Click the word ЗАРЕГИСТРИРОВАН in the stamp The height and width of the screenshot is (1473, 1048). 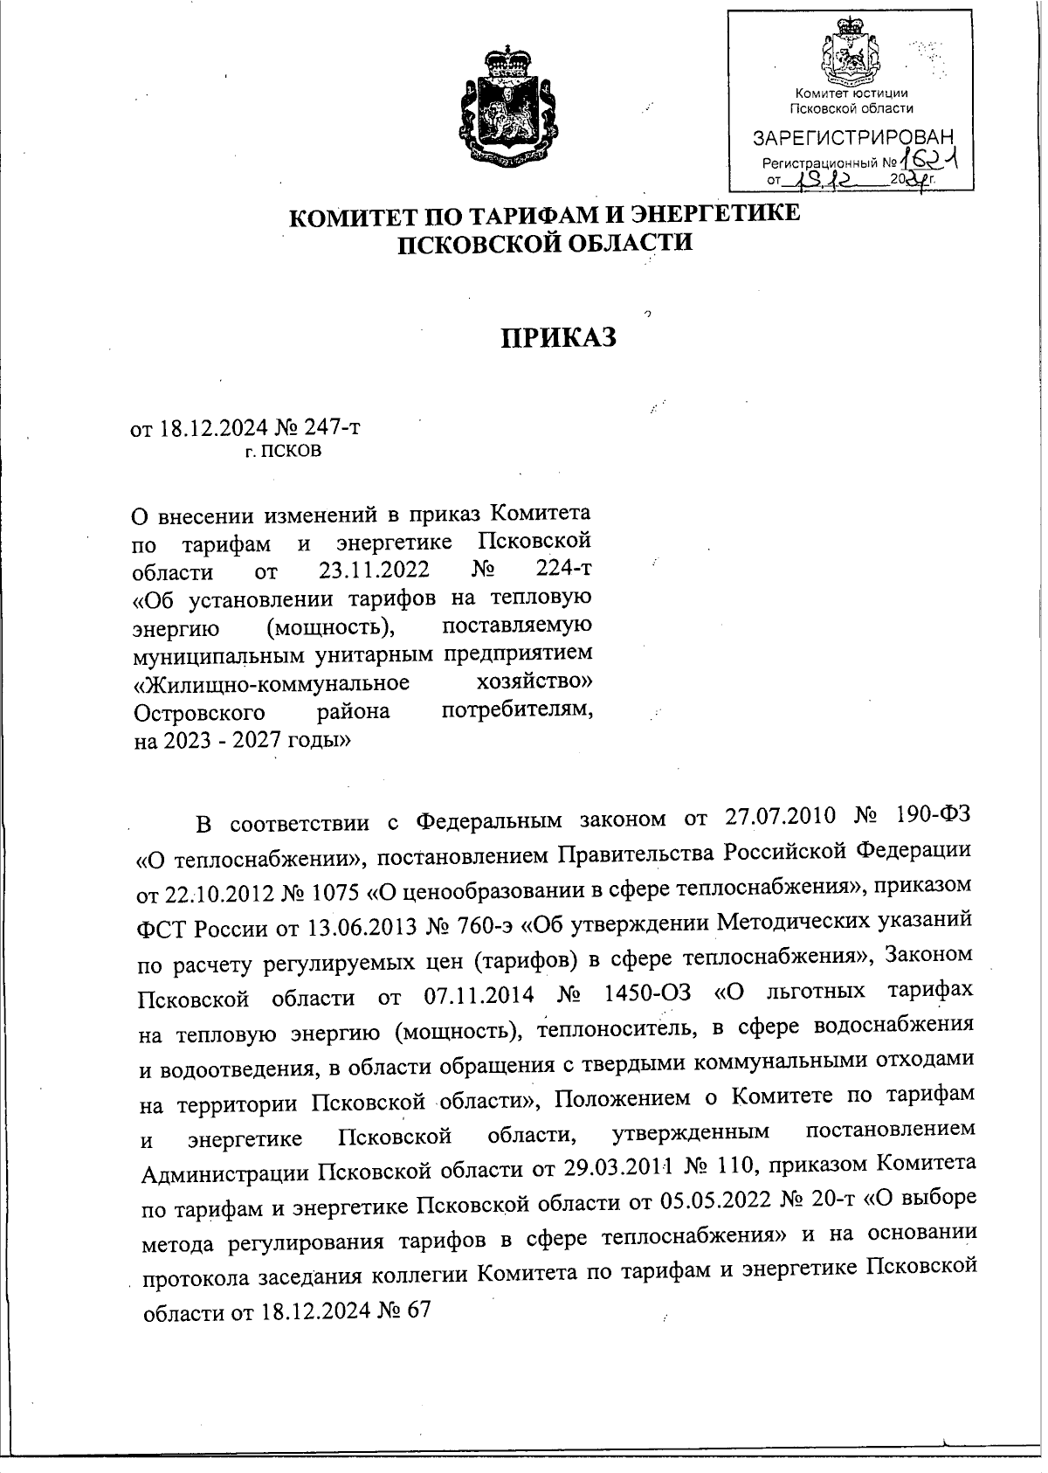click(x=853, y=138)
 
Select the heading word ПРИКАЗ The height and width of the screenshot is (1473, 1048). click(x=558, y=337)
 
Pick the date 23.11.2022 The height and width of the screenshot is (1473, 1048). click(x=369, y=571)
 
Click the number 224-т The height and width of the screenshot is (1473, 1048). click(x=562, y=570)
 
